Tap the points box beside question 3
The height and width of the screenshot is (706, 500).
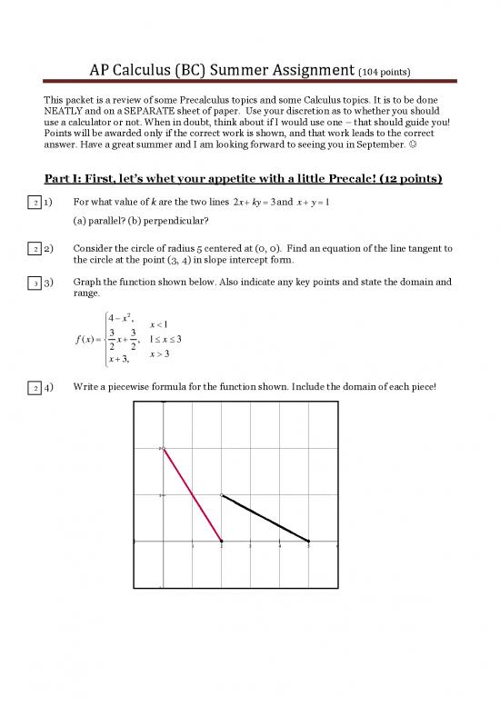(35, 283)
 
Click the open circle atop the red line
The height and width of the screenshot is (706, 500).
(164, 448)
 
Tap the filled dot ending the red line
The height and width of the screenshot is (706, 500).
(222, 541)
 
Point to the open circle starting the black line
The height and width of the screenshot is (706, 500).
(222, 495)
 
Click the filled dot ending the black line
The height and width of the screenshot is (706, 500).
(309, 541)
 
